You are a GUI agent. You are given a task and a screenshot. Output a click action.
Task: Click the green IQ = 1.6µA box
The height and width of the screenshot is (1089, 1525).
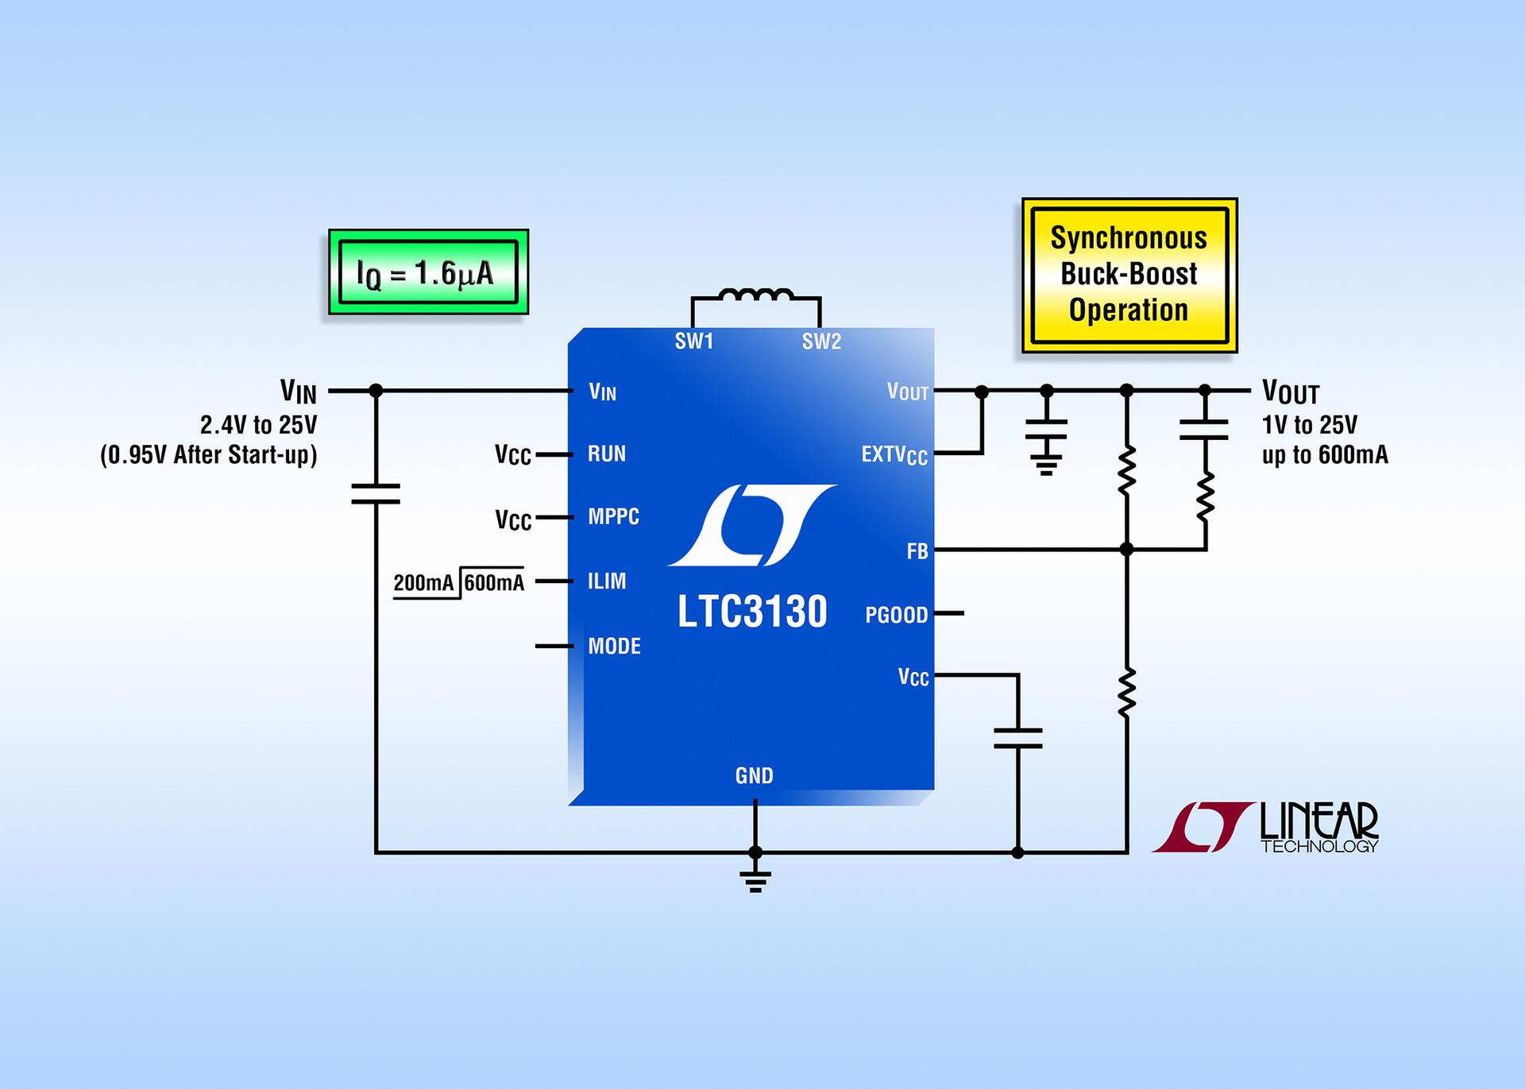[x=428, y=272]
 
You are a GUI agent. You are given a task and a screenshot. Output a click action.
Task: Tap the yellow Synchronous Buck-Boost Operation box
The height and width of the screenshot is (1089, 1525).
[x=1129, y=275]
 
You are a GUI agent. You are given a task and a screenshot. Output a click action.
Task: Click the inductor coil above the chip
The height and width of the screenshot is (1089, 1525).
[x=755, y=295]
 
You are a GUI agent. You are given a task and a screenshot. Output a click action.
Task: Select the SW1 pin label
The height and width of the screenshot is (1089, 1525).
[x=693, y=342]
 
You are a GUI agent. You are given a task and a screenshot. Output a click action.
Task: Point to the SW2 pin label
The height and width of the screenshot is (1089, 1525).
[x=820, y=342]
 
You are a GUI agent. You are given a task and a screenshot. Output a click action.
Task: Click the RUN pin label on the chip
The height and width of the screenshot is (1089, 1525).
[x=606, y=454]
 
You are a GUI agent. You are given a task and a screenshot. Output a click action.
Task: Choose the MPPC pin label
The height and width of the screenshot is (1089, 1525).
[x=613, y=516]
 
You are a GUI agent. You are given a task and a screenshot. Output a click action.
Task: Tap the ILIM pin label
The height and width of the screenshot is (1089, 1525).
[x=606, y=581]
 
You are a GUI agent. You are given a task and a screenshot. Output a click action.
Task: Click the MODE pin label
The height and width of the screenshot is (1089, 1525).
[x=614, y=646]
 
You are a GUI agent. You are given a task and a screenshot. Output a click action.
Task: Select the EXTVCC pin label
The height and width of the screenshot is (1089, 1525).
[x=894, y=454]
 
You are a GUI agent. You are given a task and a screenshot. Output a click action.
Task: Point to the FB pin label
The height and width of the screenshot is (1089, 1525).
[x=917, y=551]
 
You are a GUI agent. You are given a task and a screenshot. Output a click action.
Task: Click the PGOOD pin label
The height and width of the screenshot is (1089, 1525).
[x=896, y=615]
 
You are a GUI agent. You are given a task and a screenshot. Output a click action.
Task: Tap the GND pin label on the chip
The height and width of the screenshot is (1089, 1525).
[x=754, y=775]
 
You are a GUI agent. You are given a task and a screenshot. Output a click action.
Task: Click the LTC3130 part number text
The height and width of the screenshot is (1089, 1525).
[x=752, y=612]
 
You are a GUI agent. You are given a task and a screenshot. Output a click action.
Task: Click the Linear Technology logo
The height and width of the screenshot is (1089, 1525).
[x=1266, y=827]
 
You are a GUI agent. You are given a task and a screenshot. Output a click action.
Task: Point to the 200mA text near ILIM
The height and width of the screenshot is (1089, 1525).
[x=423, y=583]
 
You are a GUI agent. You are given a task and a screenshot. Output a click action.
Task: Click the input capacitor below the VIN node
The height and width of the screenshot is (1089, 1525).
[x=376, y=493]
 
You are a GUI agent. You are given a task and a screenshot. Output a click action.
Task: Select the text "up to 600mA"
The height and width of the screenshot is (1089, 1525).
[x=1325, y=455]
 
